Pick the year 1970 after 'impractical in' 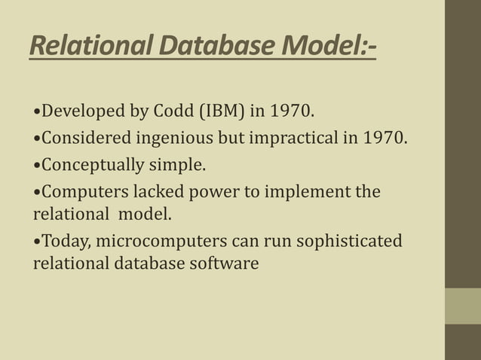(384, 139)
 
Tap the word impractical (290, 139)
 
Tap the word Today (64, 242)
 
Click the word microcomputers (155, 242)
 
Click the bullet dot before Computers (37, 191)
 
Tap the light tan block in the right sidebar (462, 306)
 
